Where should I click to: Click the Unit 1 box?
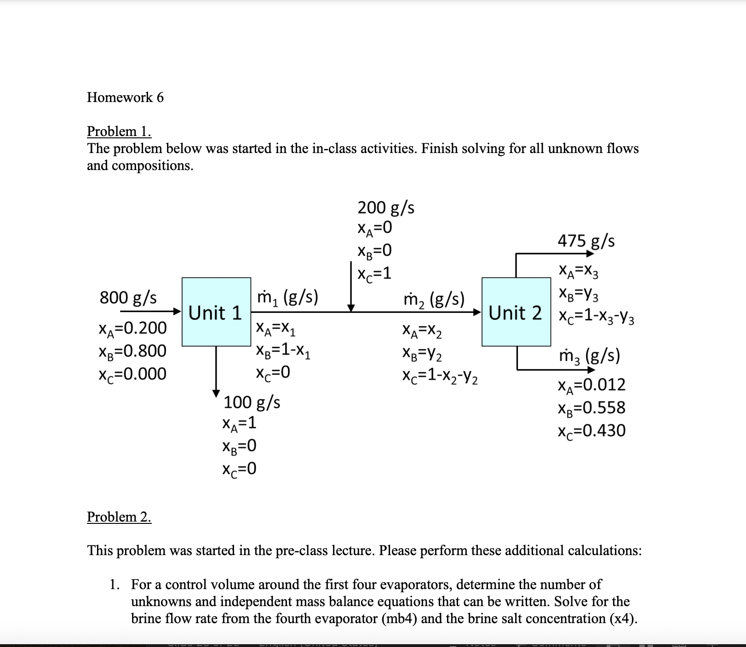tap(216, 312)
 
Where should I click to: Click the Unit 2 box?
tap(516, 312)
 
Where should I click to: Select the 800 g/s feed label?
tap(128, 297)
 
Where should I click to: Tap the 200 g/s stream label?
tap(386, 208)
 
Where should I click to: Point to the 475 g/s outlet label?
tap(586, 241)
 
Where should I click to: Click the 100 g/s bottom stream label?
tap(252, 402)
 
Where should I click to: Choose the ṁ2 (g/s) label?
tap(434, 300)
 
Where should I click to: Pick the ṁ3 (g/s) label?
tap(589, 356)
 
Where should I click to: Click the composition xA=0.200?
tap(132, 328)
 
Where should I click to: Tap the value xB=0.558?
tap(591, 408)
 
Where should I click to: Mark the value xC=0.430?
tap(591, 431)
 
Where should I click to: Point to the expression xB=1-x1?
tap(283, 351)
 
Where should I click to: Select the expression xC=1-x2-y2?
tap(440, 376)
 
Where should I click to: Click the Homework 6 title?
tap(125, 97)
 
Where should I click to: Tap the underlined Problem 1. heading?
tap(119, 131)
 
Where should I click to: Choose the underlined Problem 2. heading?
tap(119, 517)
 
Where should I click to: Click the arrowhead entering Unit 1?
tap(178, 312)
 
